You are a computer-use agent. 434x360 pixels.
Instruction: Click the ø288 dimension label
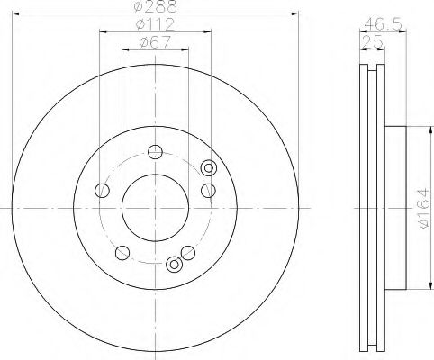coord(156,6)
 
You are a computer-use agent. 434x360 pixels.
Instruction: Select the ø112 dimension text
coord(155,24)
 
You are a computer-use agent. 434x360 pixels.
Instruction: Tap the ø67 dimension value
coord(155,42)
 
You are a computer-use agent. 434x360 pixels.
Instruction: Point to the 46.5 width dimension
coord(383,24)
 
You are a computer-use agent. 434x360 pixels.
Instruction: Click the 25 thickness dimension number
coord(373,41)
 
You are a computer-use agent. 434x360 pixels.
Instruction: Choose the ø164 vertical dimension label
coord(425,209)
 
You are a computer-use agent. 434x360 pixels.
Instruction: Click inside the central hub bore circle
coord(155,208)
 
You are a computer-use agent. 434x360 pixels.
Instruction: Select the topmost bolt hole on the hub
coord(155,152)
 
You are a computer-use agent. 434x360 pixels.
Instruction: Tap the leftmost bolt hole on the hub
coord(102,191)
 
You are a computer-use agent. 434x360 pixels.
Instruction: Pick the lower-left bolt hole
coord(122,253)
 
